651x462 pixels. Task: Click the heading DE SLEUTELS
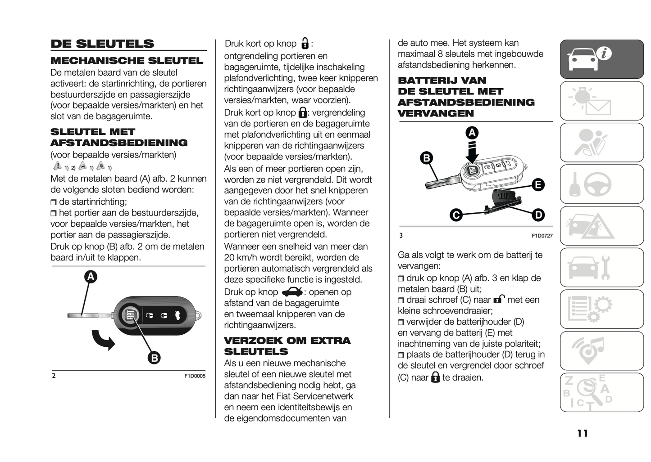102,44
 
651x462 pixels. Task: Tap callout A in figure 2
91,276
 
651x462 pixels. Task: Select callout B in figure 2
154,358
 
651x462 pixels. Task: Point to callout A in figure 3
472,133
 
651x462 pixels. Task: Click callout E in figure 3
537,184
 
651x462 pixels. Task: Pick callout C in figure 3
456,215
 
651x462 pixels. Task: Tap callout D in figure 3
538,215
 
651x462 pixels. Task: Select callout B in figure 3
426,158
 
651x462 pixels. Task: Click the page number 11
582,433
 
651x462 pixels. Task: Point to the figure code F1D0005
195,376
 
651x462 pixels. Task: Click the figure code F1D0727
542,236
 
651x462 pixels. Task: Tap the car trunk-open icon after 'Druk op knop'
292,292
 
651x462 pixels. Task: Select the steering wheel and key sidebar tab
601,184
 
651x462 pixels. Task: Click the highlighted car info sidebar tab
601,59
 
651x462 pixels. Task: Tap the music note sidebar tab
601,350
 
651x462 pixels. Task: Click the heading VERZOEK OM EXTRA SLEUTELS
287,346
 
